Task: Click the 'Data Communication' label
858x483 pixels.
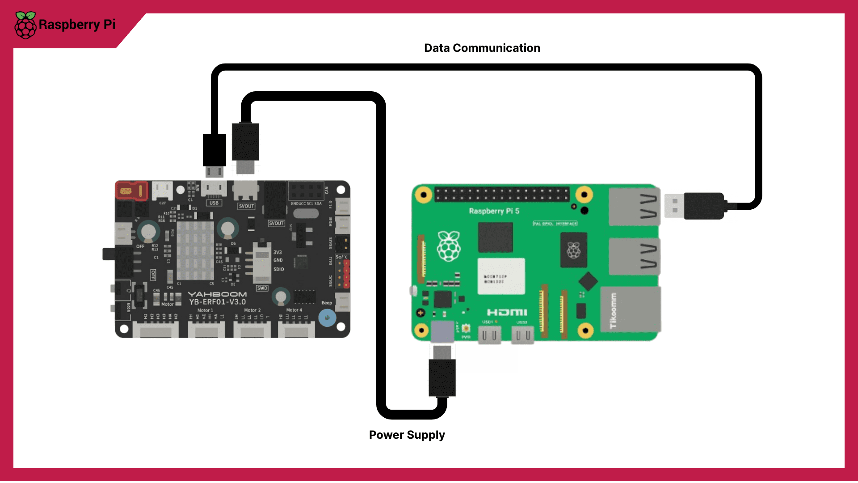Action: pyautogui.click(x=482, y=48)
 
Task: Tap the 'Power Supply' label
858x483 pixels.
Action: pyautogui.click(x=407, y=435)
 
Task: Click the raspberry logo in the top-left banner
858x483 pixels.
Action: pyautogui.click(x=25, y=25)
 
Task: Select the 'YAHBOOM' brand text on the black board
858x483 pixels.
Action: pyautogui.click(x=217, y=294)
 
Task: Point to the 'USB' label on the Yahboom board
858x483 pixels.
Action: pyautogui.click(x=214, y=203)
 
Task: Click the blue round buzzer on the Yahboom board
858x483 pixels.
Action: pyautogui.click(x=327, y=318)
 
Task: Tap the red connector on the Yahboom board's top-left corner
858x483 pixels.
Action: pyautogui.click(x=131, y=191)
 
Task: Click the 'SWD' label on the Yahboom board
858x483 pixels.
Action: pyautogui.click(x=262, y=288)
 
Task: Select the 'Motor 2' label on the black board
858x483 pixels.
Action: pyautogui.click(x=252, y=310)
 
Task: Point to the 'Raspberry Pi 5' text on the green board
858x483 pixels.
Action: pyautogui.click(x=494, y=211)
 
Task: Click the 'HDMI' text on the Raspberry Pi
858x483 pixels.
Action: pyautogui.click(x=507, y=312)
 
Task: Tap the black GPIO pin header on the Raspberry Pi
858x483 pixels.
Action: pyautogui.click(x=502, y=194)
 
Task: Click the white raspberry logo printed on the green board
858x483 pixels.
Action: pyautogui.click(x=449, y=246)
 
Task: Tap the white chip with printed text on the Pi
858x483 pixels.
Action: pyautogui.click(x=501, y=276)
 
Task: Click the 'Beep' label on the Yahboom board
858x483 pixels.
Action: pyautogui.click(x=327, y=303)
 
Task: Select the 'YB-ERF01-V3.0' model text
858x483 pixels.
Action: pyautogui.click(x=217, y=302)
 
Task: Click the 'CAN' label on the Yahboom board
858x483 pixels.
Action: pyautogui.click(x=327, y=190)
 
